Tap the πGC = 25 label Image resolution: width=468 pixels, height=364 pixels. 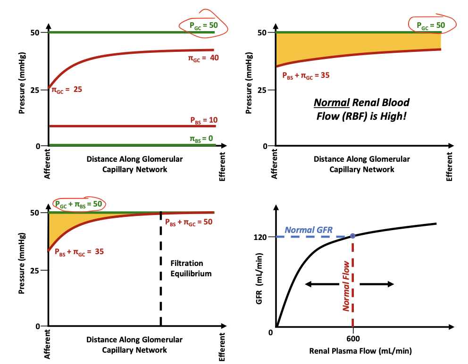pos(67,89)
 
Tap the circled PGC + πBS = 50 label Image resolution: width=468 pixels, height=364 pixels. pos(79,204)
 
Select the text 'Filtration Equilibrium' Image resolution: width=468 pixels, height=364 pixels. pos(190,268)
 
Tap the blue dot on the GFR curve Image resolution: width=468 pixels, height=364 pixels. pos(352,235)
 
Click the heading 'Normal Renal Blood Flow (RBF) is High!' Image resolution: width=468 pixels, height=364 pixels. pos(362,108)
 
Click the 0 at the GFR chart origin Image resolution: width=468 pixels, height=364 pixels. pos(271,333)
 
